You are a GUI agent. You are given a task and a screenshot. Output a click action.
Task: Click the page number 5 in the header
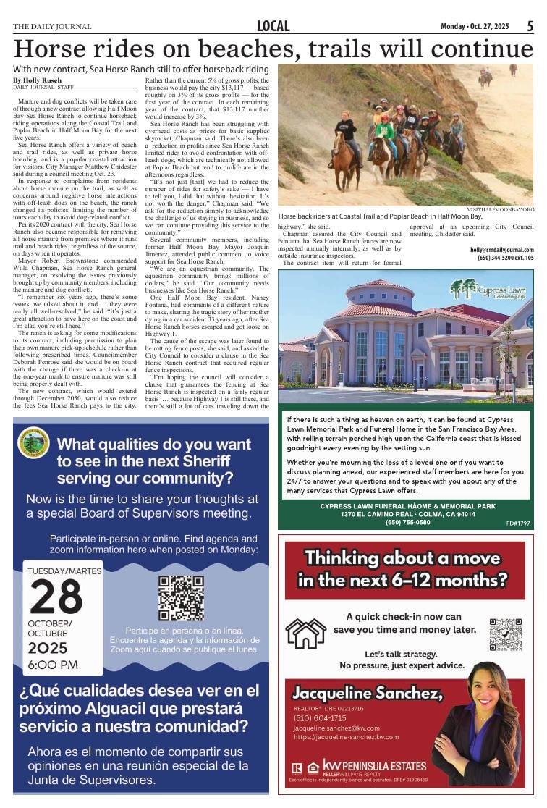530,26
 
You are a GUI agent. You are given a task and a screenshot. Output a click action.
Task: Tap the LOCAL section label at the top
273,26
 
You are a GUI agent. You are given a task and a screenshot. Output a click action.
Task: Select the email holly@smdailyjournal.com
501,250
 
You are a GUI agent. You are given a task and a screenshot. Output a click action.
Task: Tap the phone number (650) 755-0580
407,522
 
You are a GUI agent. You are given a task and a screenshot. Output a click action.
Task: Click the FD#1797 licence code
518,523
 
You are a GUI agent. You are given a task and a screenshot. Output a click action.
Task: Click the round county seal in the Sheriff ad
33,442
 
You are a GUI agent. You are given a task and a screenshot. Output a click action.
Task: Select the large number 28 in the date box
56,597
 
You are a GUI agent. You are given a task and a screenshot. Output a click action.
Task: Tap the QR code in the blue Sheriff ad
180,598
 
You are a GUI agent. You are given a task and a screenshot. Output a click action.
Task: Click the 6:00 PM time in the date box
53,665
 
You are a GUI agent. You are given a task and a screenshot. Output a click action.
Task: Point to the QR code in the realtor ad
505,634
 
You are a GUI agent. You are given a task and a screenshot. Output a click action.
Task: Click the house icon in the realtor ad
305,634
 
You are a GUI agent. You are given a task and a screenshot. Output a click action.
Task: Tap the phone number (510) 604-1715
320,718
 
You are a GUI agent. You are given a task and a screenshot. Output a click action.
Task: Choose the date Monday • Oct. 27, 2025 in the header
475,26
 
